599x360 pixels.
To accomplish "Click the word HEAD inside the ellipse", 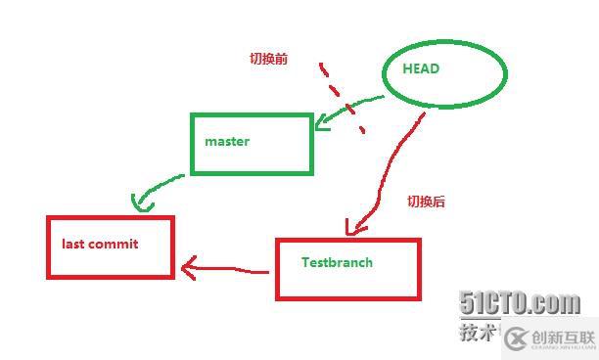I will click(421, 68).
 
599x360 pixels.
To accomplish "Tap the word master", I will click(227, 141).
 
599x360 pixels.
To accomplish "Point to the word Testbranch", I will click(337, 262).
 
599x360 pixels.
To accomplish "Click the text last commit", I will click(100, 244).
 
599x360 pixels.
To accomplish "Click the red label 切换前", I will click(267, 59).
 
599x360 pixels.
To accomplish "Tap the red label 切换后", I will click(426, 202).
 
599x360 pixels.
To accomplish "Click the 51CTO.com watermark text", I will click(520, 303).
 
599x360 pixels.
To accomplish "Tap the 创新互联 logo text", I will click(563, 337).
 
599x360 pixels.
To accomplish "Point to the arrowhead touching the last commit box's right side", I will click(186, 265).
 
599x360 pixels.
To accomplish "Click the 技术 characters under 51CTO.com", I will click(477, 333).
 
